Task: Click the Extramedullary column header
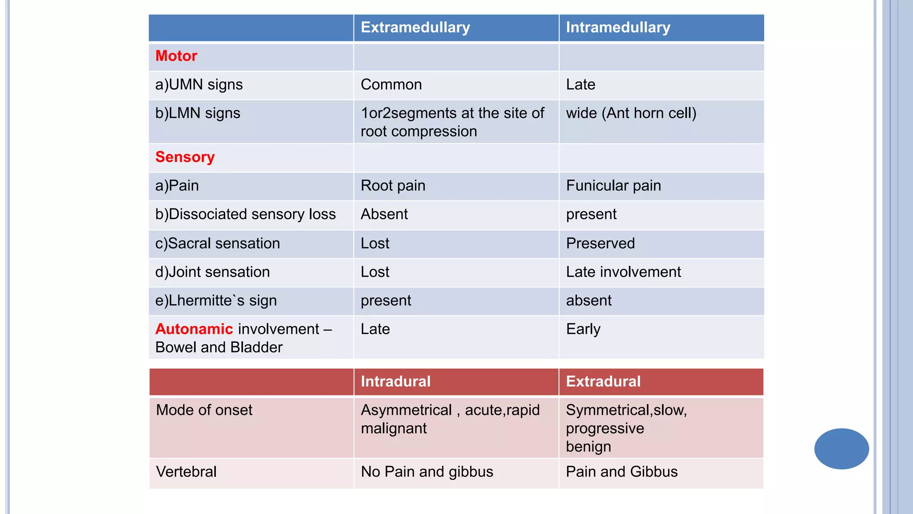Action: [x=415, y=28]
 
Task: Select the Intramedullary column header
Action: [x=618, y=28]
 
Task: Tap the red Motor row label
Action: [x=176, y=56]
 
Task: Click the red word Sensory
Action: [x=185, y=158]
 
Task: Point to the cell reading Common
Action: [x=391, y=85]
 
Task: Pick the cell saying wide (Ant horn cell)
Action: [x=631, y=113]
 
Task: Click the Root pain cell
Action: [x=393, y=186]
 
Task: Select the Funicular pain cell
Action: [x=613, y=186]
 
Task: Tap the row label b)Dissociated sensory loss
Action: [x=245, y=215]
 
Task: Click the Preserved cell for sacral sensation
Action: [x=600, y=244]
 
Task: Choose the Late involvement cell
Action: [x=623, y=272]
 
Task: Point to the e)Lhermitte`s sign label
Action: [x=216, y=301]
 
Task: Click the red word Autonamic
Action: [x=194, y=329]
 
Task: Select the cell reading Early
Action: [x=583, y=329]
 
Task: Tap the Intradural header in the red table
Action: [x=395, y=382]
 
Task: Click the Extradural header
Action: [x=603, y=382]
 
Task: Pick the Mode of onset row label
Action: [x=204, y=410]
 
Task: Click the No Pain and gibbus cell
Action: [x=427, y=472]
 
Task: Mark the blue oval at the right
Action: [x=841, y=449]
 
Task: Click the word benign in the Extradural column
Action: [x=588, y=447]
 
